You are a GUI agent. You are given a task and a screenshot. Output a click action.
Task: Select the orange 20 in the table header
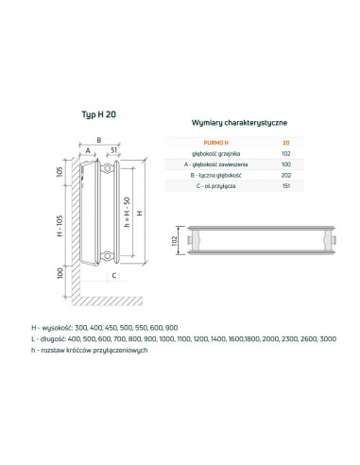click(x=287, y=139)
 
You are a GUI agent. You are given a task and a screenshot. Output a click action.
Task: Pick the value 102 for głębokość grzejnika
click(x=287, y=150)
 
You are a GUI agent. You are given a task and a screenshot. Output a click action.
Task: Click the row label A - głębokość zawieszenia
click(x=215, y=162)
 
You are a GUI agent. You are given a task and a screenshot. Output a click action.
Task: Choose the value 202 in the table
click(x=287, y=173)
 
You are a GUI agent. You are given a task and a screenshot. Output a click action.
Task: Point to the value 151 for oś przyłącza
click(x=287, y=184)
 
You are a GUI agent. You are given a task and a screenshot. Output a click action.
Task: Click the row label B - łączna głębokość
click(x=214, y=173)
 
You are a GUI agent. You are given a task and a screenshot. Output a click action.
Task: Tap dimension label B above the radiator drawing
click(x=97, y=137)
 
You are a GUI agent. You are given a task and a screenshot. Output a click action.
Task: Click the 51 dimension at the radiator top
click(x=112, y=148)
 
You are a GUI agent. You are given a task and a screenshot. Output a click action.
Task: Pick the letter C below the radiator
click(x=113, y=276)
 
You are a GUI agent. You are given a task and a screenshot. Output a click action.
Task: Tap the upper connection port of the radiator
click(x=111, y=170)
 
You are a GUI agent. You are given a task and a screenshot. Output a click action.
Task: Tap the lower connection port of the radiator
click(x=111, y=254)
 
